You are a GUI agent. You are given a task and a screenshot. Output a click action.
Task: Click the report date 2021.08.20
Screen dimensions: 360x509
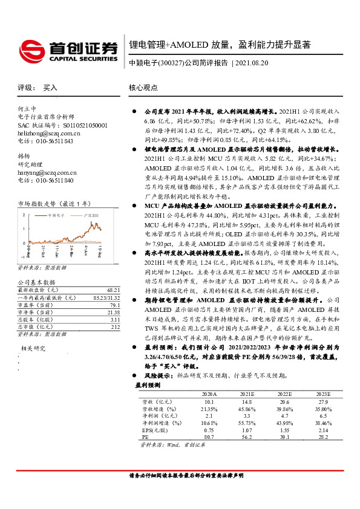tap(255, 63)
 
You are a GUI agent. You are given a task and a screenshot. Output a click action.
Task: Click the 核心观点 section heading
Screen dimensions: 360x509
tap(143, 87)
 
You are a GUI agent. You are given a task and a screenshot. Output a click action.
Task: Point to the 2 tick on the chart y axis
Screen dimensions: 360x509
tap(24, 215)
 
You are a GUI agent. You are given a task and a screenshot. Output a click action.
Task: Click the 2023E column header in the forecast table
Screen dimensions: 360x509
tap(324, 393)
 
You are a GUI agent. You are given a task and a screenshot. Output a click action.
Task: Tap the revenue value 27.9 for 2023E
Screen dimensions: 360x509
tap(324, 401)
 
